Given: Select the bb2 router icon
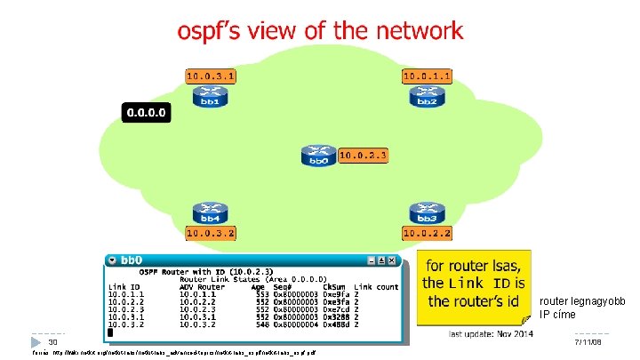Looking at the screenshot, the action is tap(427, 97).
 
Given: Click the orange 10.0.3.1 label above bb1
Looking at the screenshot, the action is tap(211, 76).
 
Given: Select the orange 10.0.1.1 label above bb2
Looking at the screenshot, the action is tap(428, 76).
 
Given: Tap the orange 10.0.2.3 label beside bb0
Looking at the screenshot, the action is tap(362, 156).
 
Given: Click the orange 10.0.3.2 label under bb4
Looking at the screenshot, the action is tap(211, 233).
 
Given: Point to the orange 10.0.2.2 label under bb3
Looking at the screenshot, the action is tap(428, 233).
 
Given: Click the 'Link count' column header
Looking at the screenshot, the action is tap(376, 286).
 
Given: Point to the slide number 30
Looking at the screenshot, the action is tap(53, 342).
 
